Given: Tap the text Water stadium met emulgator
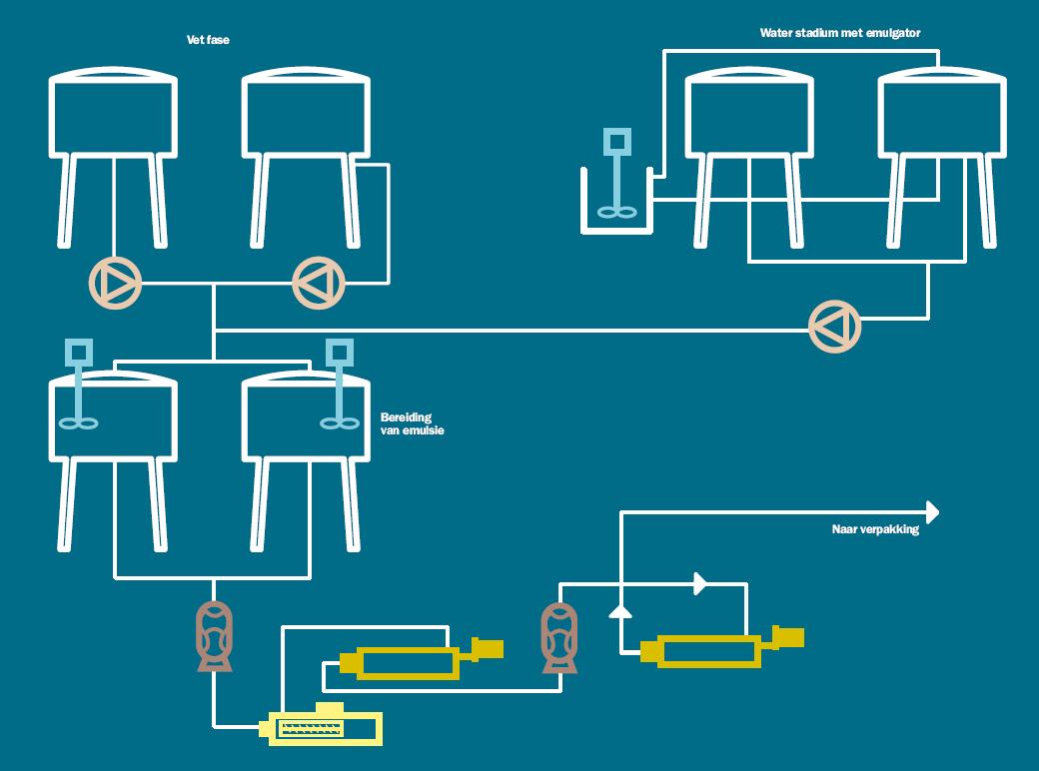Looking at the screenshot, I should [839, 33].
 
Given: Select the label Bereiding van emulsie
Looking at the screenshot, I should [412, 424].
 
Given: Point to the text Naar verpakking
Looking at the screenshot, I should [874, 530].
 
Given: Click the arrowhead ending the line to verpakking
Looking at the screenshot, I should [933, 512].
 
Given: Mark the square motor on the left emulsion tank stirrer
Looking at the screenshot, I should [78, 351].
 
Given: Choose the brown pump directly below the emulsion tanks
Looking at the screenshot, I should [214, 635].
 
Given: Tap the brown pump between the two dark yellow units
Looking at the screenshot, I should [559, 637].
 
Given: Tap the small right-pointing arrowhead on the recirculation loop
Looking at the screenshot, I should [700, 582].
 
